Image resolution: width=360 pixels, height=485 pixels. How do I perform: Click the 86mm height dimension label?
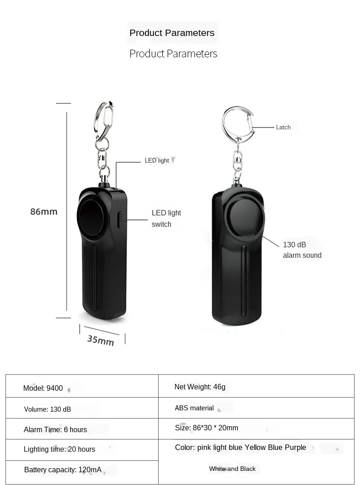tap(44, 211)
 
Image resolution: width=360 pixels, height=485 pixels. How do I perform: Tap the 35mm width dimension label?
tap(100, 340)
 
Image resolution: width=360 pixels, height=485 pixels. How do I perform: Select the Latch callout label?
tap(283, 127)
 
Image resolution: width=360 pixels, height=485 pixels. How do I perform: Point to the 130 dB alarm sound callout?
tap(302, 250)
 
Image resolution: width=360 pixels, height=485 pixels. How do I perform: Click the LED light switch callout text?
tap(166, 218)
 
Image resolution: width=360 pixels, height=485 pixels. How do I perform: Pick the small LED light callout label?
tap(157, 160)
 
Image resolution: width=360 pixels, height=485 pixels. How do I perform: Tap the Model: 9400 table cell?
tap(43, 388)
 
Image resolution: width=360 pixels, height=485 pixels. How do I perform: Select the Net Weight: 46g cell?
tap(200, 387)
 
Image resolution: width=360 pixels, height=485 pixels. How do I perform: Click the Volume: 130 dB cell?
tap(47, 409)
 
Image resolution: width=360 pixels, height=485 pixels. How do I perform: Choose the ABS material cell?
tap(194, 408)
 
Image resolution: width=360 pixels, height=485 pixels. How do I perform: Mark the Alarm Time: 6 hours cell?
tap(55, 429)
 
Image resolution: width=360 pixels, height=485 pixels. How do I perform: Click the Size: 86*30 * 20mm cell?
tap(206, 428)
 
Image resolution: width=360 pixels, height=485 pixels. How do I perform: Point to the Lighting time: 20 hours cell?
tap(59, 449)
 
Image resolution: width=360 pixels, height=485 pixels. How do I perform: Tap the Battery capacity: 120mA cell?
tap(63, 470)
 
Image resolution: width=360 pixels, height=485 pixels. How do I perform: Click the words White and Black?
tap(232, 469)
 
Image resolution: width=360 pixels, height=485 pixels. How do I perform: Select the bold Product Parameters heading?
tap(172, 33)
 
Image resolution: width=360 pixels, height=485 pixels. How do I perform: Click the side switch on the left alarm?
tap(120, 220)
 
